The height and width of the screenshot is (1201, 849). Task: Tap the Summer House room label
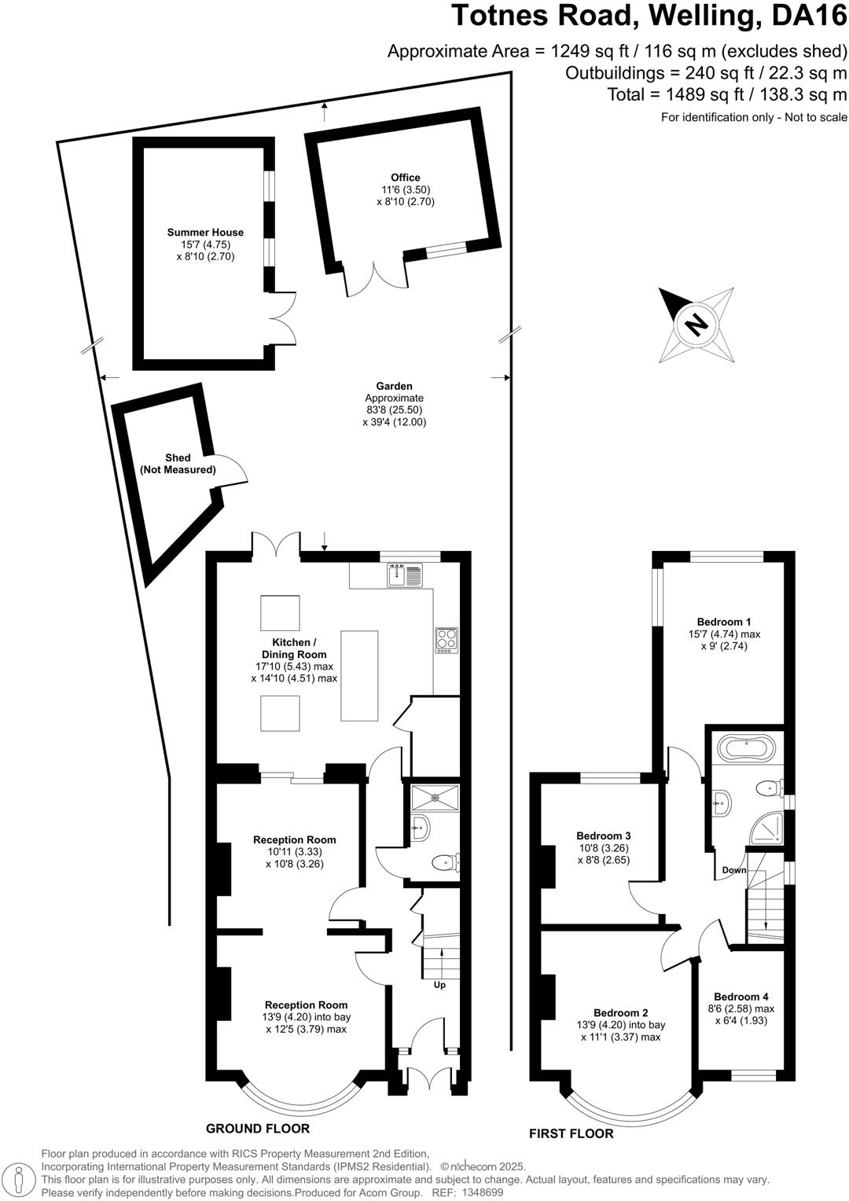point(205,232)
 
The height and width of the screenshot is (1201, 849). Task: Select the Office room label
point(406,178)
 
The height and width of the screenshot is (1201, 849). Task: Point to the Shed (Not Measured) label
point(178,464)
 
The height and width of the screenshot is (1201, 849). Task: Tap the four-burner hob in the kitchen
point(447,640)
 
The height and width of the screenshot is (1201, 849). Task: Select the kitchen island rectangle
point(358,675)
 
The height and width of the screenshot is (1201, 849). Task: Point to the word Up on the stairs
point(439,985)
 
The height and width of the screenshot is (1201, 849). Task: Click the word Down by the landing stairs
point(734,870)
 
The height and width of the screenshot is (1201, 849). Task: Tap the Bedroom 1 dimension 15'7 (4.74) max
point(724,634)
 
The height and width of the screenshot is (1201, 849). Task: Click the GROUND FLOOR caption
point(258,1129)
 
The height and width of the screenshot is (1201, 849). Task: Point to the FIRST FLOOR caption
point(571,1133)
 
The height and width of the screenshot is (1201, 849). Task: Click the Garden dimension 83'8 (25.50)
point(394,410)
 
